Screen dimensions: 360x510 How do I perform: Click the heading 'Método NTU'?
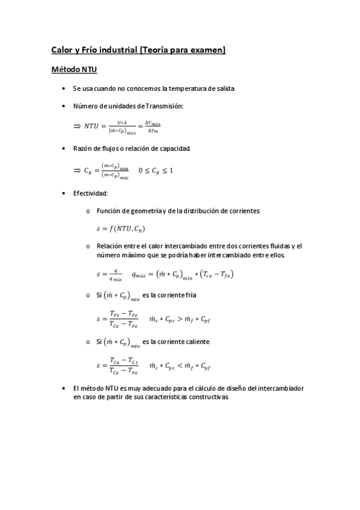pos(69,70)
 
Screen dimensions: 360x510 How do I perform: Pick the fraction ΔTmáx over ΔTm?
pos(152,126)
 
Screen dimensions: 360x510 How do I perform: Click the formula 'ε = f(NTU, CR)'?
pos(120,229)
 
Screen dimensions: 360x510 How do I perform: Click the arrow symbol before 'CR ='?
pos(76,170)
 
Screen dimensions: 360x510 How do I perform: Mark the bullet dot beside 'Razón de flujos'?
pos(64,148)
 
